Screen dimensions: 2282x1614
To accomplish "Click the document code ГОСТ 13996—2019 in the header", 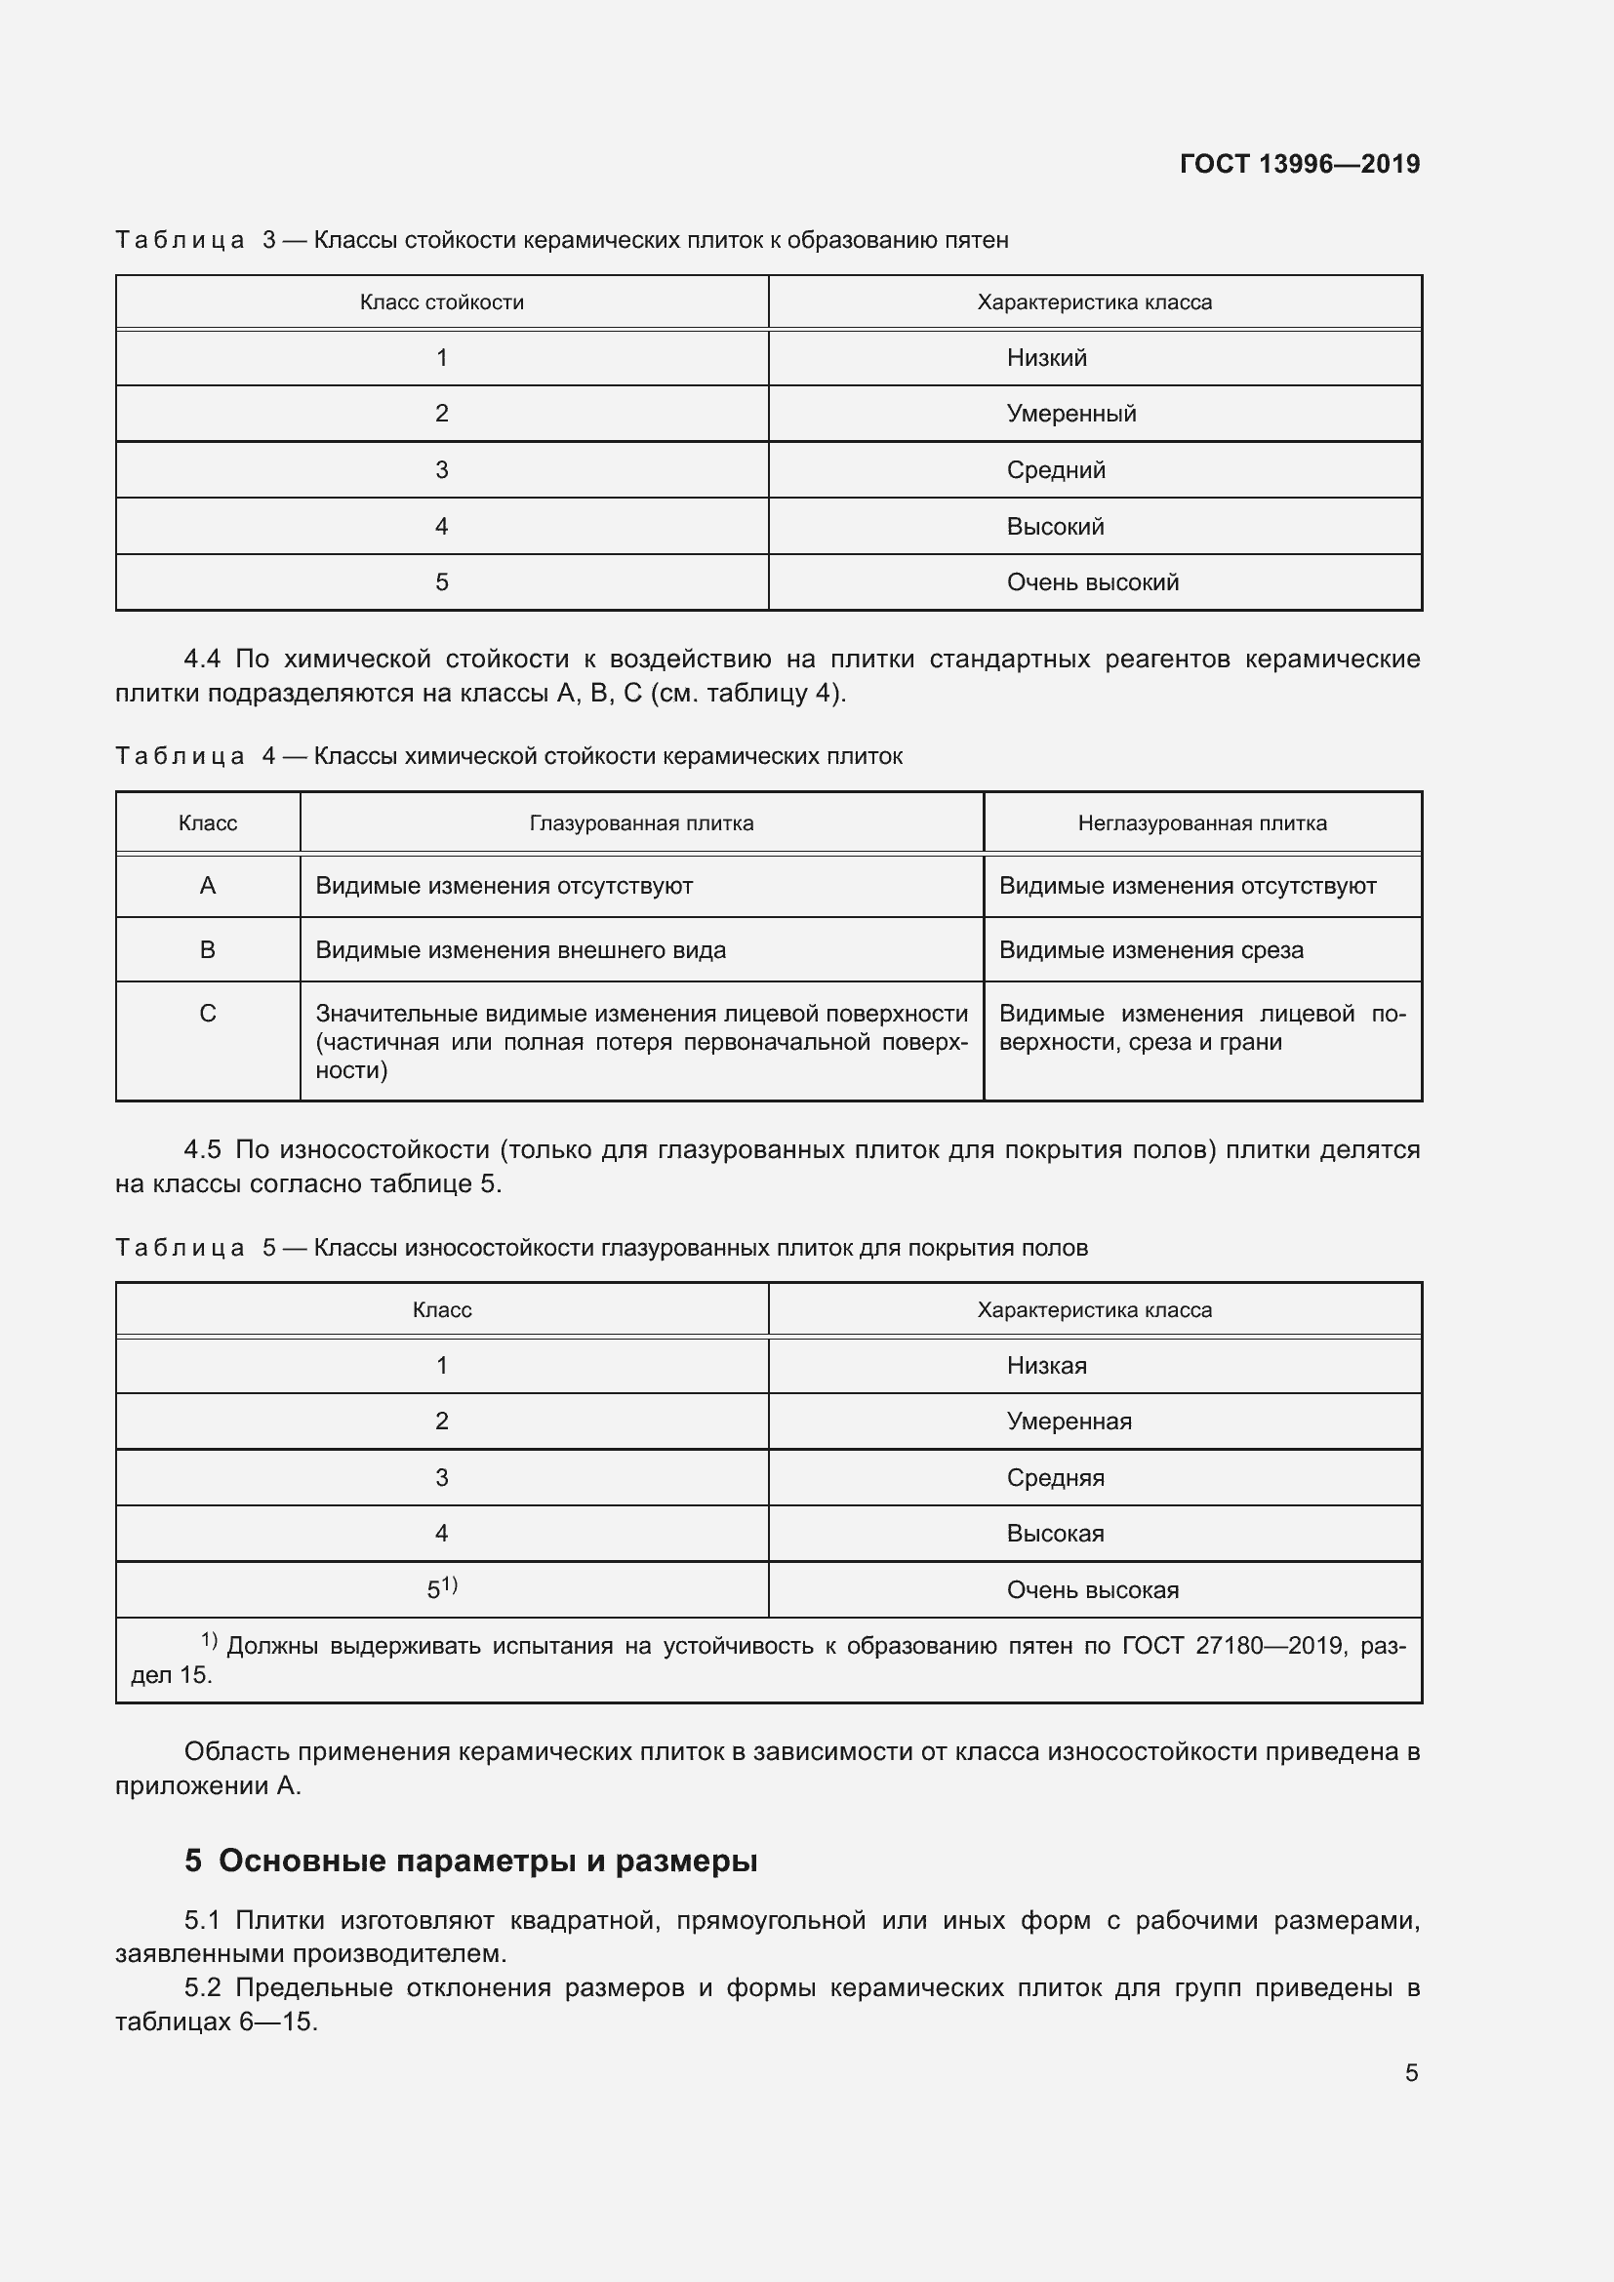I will [1299, 164].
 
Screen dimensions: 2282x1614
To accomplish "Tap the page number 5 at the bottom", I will [1411, 2072].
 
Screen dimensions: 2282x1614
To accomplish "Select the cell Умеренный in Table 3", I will [1070, 414].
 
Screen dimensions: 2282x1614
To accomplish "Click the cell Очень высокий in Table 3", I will [1092, 582].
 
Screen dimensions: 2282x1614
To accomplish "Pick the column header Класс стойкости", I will [441, 302].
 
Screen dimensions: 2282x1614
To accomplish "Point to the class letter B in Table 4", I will [208, 950].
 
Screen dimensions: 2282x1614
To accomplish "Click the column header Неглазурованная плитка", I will [1201, 823].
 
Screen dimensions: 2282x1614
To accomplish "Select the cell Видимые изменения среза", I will [1150, 950].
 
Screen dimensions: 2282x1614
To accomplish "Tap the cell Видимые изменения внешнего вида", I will [520, 950].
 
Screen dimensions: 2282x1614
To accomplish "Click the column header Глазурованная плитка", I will [641, 823].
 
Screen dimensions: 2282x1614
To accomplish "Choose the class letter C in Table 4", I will [208, 1014].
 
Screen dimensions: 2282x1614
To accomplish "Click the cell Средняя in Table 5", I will [1055, 1478].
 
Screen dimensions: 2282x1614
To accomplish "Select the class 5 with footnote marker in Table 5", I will [441, 1589].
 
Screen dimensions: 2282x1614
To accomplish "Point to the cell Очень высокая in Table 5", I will [1092, 1590].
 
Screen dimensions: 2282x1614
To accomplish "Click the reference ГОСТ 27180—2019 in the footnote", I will [1232, 1646].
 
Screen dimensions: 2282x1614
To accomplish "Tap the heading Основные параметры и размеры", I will [487, 1861].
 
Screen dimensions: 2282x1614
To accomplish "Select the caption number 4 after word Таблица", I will [268, 756].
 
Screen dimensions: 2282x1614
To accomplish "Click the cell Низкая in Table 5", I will [1045, 1366].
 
